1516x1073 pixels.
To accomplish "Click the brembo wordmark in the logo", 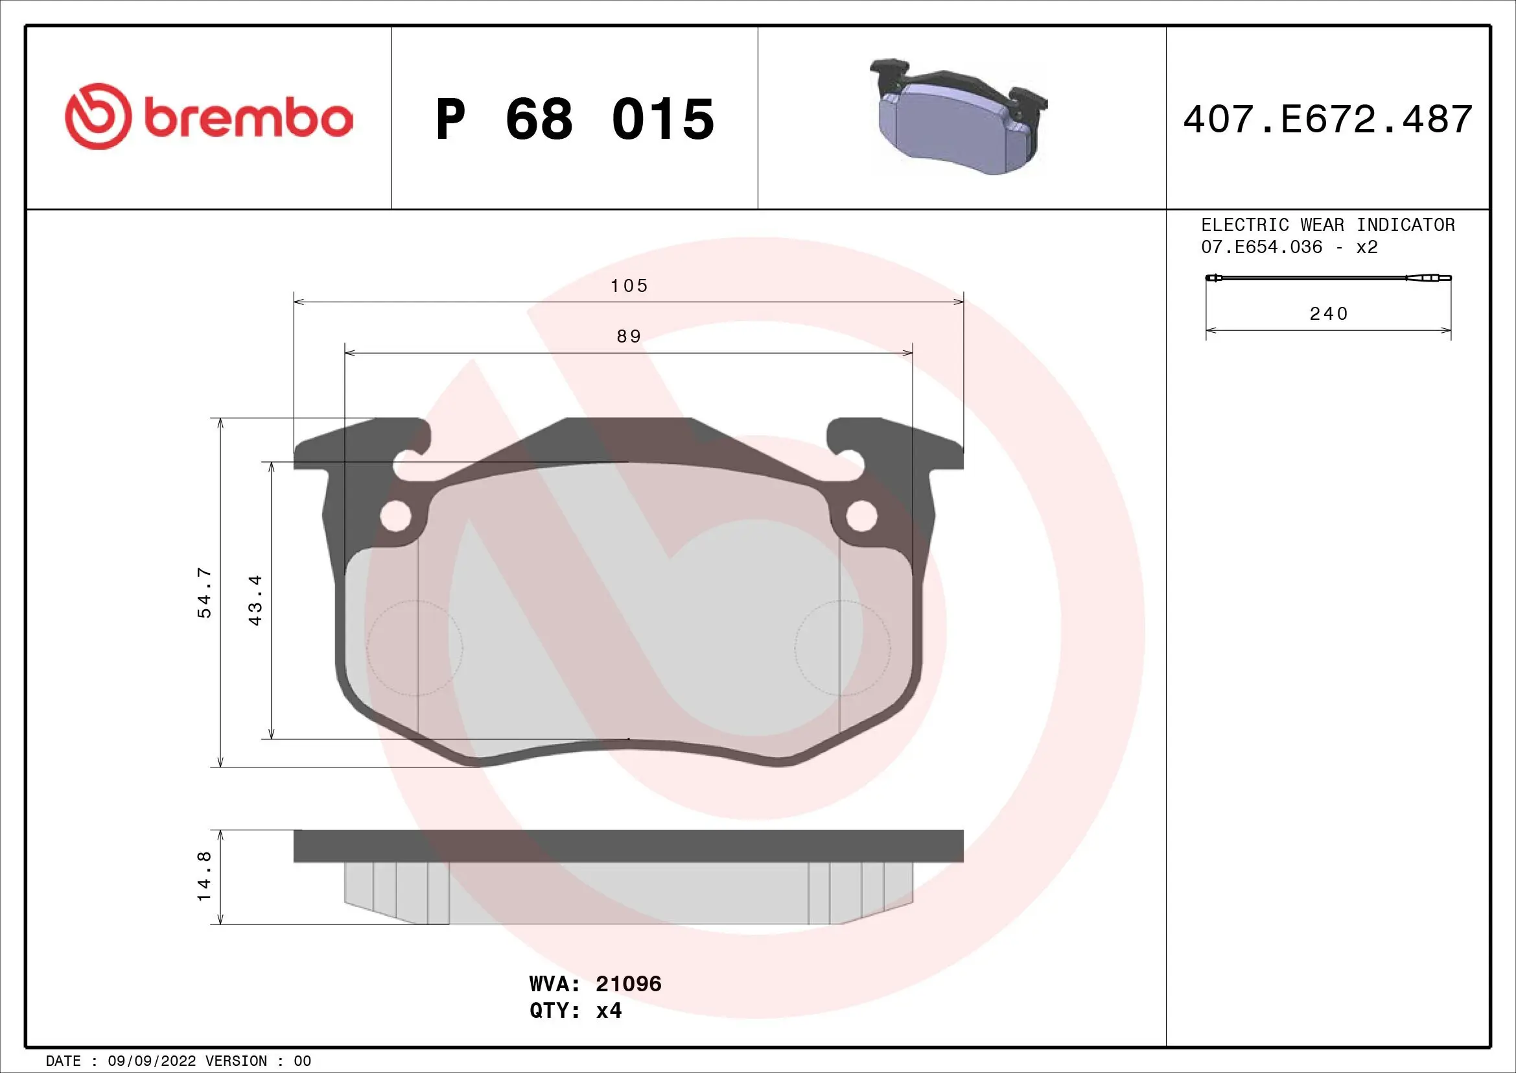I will (248, 119).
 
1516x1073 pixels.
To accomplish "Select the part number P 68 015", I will (574, 119).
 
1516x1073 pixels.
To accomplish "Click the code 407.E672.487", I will (1327, 119).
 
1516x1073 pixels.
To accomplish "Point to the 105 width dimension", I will (629, 285).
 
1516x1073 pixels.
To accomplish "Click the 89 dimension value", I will (629, 336).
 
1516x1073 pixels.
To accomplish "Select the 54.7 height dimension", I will (205, 592).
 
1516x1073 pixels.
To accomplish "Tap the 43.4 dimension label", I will (255, 599).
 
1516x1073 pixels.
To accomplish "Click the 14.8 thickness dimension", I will (205, 876).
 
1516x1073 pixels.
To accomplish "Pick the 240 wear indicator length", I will (1329, 313).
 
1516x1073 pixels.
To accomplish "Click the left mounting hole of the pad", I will (396, 516).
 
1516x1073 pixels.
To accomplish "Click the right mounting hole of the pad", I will (861, 516).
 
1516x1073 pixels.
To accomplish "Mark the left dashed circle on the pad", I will (415, 647).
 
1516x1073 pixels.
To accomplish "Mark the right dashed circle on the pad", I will (843, 647).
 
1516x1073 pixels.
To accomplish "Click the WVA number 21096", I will (628, 984).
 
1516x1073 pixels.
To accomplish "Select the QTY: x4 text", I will (575, 1011).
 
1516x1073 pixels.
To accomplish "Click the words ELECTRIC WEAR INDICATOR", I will (1327, 224).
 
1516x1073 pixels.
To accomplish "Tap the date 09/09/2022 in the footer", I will (152, 1061).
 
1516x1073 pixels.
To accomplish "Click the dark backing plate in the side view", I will (628, 846).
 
